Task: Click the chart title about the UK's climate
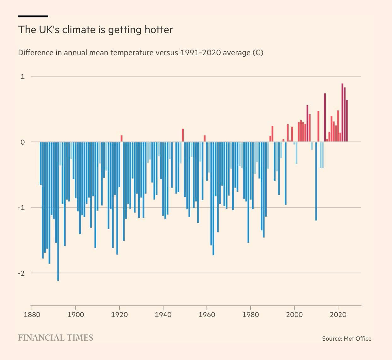coord(95,30)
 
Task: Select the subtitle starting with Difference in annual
coord(140,52)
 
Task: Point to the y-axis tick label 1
coord(22,76)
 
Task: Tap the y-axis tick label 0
coord(22,142)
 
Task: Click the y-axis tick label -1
coord(21,207)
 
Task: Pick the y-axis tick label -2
coord(21,273)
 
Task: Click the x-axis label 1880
coord(32,315)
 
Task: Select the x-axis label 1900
coord(76,315)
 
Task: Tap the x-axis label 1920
coord(120,315)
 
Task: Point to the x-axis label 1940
coord(163,315)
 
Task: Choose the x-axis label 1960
coord(207,315)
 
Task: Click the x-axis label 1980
coord(251,315)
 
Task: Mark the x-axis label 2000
coord(294,315)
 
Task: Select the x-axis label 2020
coord(338,315)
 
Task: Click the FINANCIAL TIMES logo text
coord(56,338)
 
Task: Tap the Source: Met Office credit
coord(347,339)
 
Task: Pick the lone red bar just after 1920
coord(122,139)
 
